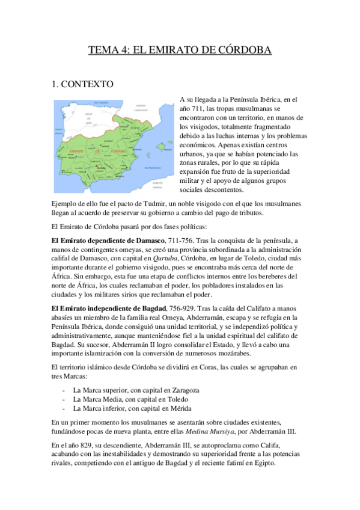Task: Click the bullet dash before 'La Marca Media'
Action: (x=64, y=399)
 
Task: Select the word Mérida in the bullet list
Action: (x=181, y=408)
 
